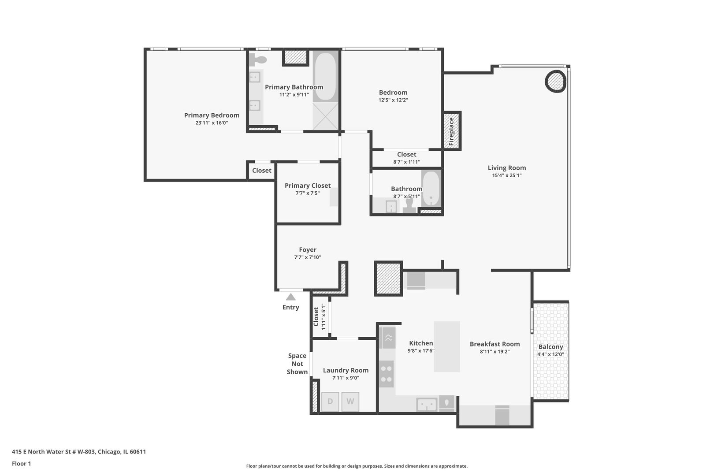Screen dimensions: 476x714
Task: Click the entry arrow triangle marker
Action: (290, 297)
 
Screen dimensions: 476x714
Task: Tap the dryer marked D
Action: (330, 402)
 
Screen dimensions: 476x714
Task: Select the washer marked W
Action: (350, 402)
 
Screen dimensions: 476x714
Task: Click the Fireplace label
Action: (451, 131)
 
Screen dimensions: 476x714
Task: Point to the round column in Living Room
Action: (555, 81)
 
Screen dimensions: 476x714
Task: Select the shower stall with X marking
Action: (325, 116)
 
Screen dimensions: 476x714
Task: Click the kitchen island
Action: (446, 346)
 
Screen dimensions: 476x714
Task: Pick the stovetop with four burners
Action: (387, 374)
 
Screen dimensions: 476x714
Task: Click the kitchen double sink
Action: (427, 404)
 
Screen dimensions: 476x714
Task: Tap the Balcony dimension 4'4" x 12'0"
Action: (550, 354)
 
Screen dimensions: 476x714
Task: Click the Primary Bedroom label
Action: (212, 115)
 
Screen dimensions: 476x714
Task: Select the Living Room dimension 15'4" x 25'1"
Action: (506, 175)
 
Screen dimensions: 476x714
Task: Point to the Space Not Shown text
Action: (297, 364)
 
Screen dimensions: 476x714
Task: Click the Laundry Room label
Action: (346, 370)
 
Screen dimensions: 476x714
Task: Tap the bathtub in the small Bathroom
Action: (431, 189)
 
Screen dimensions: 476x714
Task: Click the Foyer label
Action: (308, 249)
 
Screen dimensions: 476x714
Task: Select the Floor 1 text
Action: (22, 464)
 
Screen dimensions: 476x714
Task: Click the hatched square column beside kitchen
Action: (388, 279)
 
